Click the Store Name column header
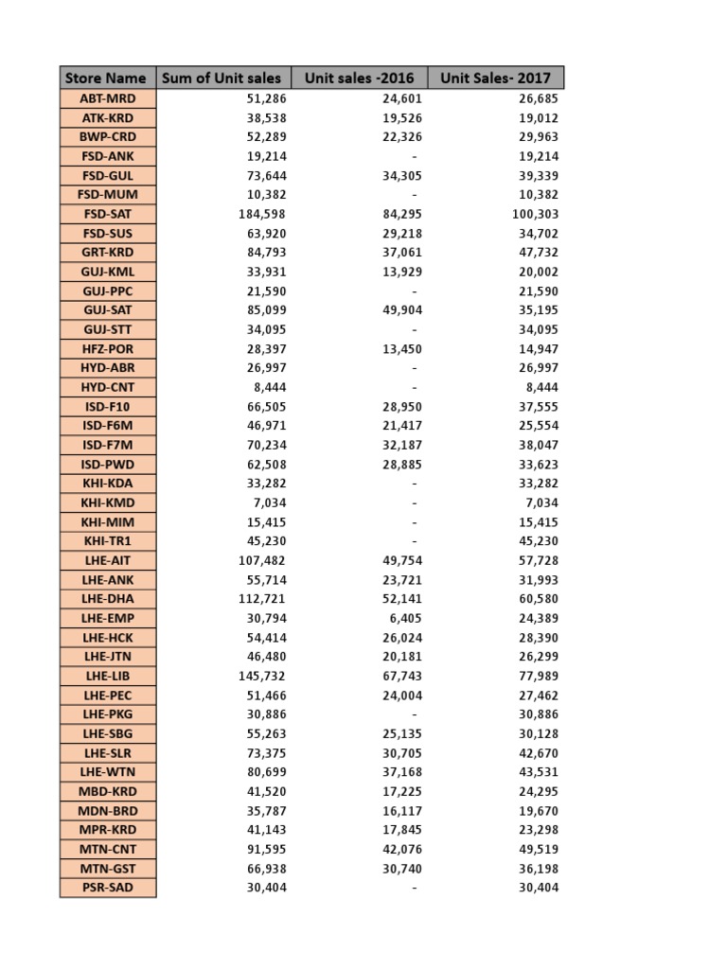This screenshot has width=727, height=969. click(x=106, y=78)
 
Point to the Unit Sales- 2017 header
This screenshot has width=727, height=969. click(x=495, y=78)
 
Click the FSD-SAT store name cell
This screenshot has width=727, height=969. click(x=107, y=214)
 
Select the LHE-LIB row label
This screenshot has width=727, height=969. click(x=107, y=676)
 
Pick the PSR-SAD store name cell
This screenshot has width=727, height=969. click(x=107, y=888)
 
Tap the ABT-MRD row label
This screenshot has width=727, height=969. click(x=107, y=98)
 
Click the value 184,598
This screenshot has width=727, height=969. click(x=262, y=214)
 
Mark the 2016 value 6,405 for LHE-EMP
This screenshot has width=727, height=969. click(x=405, y=618)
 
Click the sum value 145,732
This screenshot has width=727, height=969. click(x=262, y=676)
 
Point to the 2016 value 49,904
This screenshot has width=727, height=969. click(x=402, y=310)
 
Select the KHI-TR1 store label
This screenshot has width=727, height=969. click(x=107, y=541)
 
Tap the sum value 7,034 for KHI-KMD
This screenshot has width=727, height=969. click(x=269, y=502)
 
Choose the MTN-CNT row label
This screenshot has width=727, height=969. click(x=107, y=849)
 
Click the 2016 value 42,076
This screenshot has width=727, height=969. click(x=402, y=849)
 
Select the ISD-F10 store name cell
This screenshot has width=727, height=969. click(x=107, y=406)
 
